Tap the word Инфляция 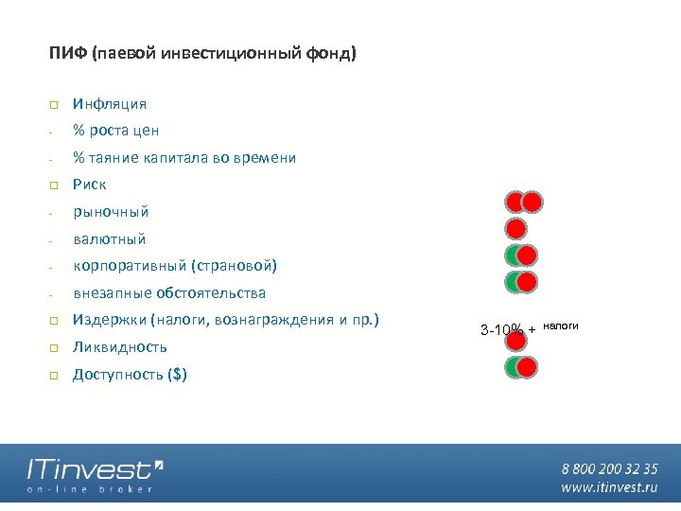point(110,104)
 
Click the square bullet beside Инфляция point(55,104)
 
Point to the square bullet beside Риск point(55,185)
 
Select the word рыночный point(111,212)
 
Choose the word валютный point(110,239)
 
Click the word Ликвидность point(120,347)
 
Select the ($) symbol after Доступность point(177,375)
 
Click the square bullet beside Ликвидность point(55,347)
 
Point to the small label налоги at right point(560,326)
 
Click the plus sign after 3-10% point(533,329)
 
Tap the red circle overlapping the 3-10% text point(515,337)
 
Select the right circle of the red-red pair point(533,202)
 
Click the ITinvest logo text point(89,469)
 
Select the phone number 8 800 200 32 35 point(609,468)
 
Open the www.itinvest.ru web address point(609,487)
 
